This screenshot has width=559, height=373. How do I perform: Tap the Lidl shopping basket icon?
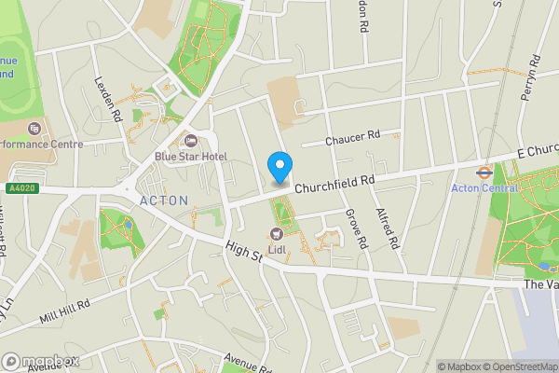click(x=276, y=233)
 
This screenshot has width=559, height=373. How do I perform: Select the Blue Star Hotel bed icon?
click(x=191, y=141)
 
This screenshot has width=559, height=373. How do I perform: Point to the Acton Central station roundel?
click(x=484, y=173)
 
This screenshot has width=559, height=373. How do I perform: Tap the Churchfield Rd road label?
click(x=334, y=181)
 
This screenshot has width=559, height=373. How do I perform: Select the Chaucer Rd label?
click(x=353, y=138)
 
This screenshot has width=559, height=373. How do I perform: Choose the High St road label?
click(x=244, y=254)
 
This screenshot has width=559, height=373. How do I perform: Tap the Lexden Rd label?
click(x=109, y=101)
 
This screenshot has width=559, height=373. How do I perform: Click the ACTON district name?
click(x=163, y=200)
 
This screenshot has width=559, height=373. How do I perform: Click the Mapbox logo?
click(x=40, y=361)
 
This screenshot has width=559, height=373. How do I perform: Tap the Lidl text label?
click(x=276, y=249)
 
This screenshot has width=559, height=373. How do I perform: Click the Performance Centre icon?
click(x=34, y=129)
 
